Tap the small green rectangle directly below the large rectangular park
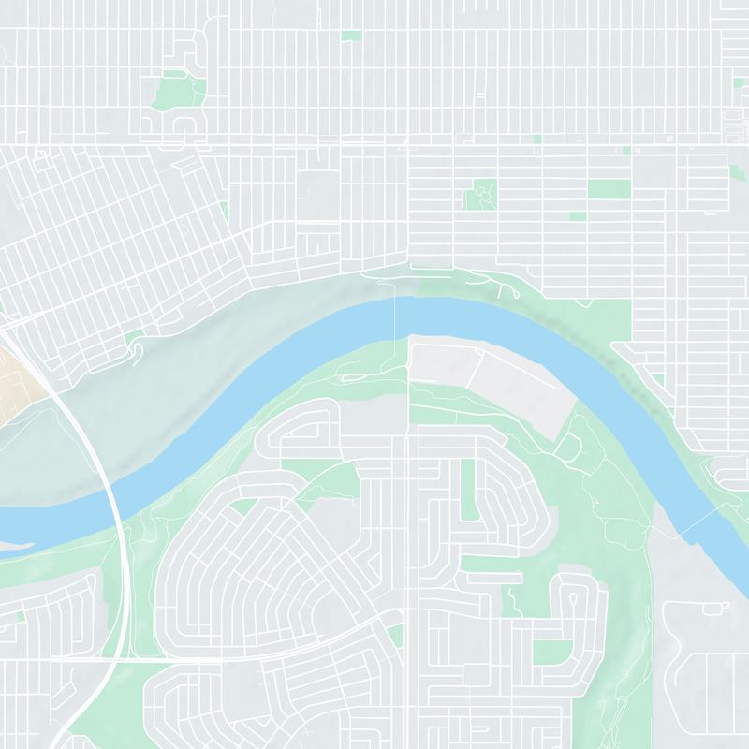point(578,216)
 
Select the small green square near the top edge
point(351,36)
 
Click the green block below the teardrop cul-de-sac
point(552,653)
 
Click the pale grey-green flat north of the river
point(187,393)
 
